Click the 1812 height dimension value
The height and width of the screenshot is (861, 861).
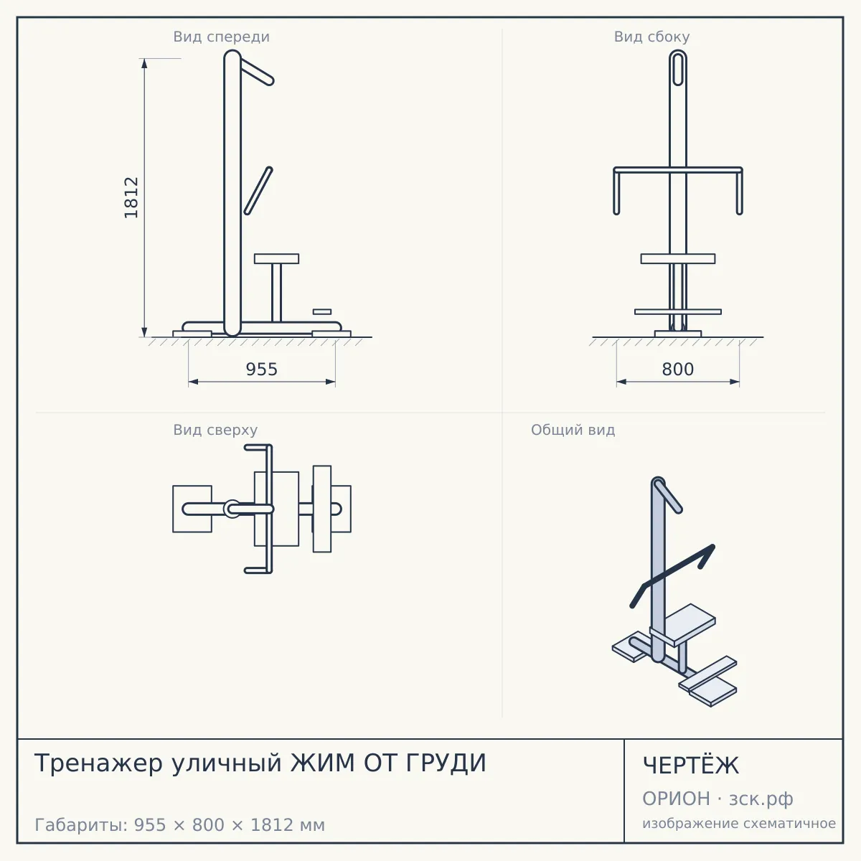(x=131, y=197)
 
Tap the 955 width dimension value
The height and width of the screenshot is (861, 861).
(x=261, y=370)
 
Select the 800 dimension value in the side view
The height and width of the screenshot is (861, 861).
(x=677, y=370)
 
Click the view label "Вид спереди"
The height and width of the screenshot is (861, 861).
(x=221, y=37)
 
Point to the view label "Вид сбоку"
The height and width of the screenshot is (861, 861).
(x=651, y=37)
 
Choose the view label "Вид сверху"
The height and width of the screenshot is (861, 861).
(x=215, y=430)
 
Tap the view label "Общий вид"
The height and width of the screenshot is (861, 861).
(x=573, y=430)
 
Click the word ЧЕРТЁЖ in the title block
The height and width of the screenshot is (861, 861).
(x=691, y=765)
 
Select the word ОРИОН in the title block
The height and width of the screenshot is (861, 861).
(x=676, y=799)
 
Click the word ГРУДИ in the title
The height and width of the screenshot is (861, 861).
(x=446, y=763)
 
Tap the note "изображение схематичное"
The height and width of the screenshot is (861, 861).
(x=738, y=824)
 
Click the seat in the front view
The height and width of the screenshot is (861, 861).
(x=276, y=259)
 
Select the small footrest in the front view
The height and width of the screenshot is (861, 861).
(x=321, y=311)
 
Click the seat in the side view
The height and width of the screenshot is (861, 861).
(x=678, y=259)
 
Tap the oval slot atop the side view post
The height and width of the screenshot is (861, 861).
(x=678, y=68)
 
